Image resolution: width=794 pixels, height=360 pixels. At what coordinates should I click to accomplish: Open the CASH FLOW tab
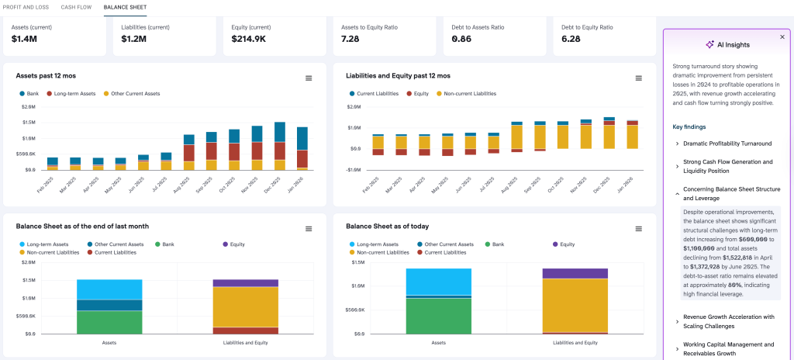(x=77, y=7)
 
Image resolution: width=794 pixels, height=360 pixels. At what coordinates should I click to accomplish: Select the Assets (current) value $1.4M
(x=24, y=39)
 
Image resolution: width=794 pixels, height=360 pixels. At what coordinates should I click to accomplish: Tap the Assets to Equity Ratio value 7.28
(x=351, y=39)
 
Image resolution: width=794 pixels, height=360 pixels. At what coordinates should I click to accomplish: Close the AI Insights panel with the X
(x=782, y=36)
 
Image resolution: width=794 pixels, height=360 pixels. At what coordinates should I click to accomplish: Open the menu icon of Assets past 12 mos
(x=309, y=78)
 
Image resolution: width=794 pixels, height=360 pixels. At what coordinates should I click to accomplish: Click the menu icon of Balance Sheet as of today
(x=639, y=229)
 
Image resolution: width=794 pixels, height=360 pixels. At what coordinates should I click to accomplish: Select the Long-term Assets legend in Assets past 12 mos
(x=74, y=93)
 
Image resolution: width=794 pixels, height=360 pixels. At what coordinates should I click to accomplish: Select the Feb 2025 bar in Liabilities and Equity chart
(x=378, y=143)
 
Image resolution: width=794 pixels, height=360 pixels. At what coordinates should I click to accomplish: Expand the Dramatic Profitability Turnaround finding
(x=727, y=144)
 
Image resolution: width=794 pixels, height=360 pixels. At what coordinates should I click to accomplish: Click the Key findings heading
(x=689, y=126)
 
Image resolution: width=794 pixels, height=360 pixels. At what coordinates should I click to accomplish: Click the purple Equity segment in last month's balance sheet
(x=245, y=283)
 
